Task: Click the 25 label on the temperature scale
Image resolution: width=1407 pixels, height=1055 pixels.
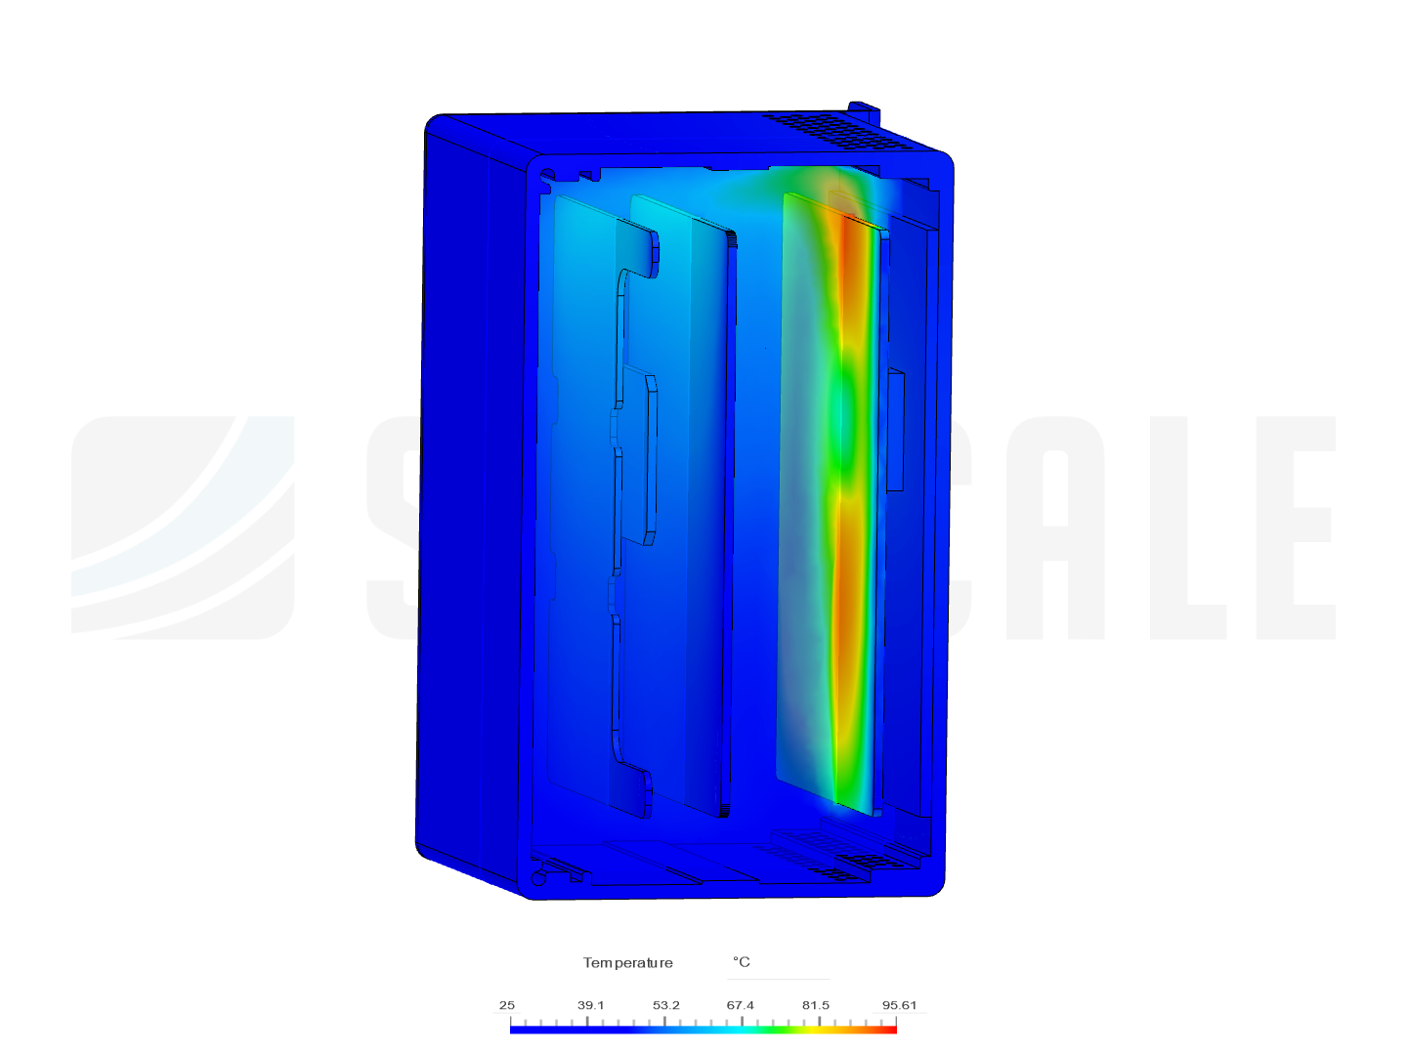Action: [506, 1005]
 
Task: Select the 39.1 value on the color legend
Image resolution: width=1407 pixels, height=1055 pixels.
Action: [590, 1005]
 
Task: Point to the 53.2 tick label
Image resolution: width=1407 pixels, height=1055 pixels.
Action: [666, 1005]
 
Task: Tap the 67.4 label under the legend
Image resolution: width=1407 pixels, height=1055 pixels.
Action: [740, 1005]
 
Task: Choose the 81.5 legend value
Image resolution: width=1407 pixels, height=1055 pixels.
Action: [816, 1005]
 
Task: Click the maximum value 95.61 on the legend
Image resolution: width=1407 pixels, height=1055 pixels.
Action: [899, 1005]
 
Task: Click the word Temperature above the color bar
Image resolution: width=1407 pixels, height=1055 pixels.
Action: [628, 963]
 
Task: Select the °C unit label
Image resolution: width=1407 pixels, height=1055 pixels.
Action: [742, 962]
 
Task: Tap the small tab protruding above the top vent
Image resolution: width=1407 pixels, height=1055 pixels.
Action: [863, 109]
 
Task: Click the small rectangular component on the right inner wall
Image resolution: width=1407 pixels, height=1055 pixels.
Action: [894, 430]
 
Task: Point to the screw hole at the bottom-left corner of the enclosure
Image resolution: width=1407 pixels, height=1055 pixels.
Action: [538, 878]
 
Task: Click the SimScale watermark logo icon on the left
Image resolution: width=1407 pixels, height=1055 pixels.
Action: [183, 527]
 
